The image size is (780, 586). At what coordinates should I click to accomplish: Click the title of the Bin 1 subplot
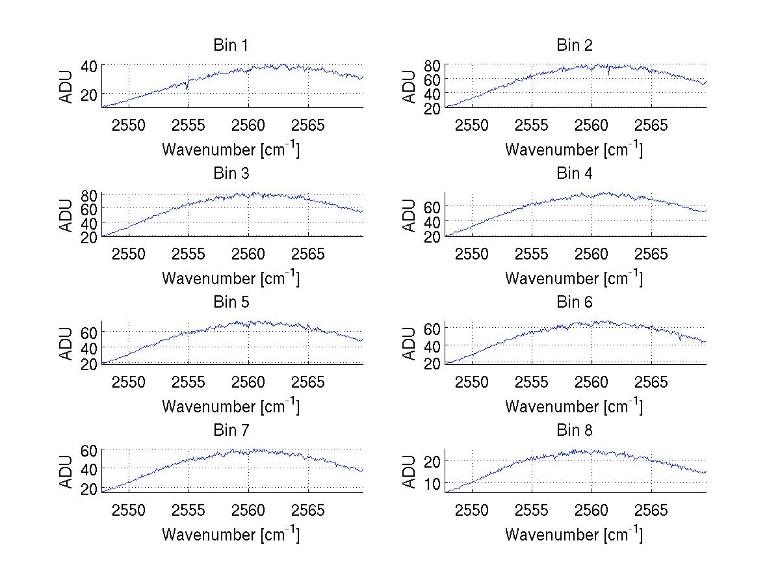pyautogui.click(x=231, y=45)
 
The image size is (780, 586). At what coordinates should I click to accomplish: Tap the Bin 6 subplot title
pyautogui.click(x=575, y=302)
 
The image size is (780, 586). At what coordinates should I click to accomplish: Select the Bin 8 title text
pyautogui.click(x=575, y=430)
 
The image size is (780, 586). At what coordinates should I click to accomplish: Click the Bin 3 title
pyautogui.click(x=231, y=173)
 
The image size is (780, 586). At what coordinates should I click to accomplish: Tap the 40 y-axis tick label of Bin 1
pyautogui.click(x=89, y=65)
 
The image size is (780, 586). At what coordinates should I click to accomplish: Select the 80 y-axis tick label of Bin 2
pyautogui.click(x=432, y=64)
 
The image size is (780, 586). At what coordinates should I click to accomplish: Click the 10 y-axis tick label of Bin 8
pyautogui.click(x=432, y=483)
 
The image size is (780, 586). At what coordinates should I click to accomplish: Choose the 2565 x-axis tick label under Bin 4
pyautogui.click(x=651, y=254)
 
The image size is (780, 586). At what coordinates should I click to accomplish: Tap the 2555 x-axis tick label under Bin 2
pyautogui.click(x=532, y=125)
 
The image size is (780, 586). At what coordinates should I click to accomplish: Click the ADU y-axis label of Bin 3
pyautogui.click(x=66, y=215)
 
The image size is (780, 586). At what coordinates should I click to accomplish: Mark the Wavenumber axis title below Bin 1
pyautogui.click(x=231, y=150)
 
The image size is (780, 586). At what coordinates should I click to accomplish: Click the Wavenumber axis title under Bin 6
pyautogui.click(x=574, y=406)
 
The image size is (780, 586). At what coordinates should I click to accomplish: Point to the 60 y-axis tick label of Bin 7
pyautogui.click(x=89, y=450)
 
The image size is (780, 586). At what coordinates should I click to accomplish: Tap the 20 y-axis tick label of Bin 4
pyautogui.click(x=432, y=237)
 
